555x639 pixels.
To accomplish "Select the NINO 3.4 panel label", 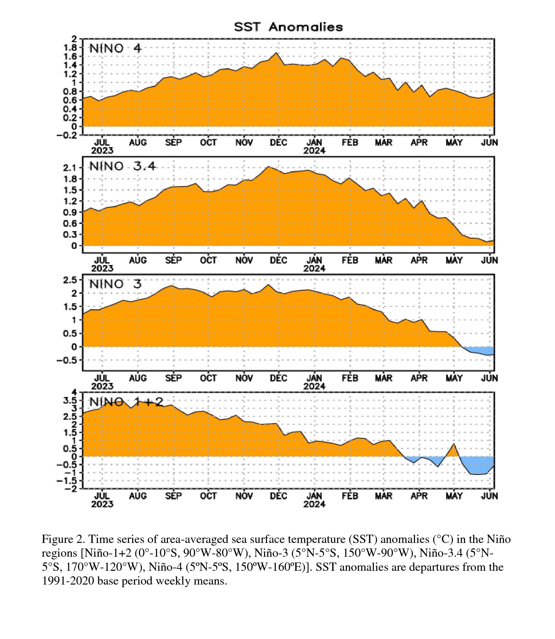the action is pos(123,167).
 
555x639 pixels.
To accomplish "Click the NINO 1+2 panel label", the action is pos(126,402).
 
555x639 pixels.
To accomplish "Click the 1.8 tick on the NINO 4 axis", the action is pos(70,47).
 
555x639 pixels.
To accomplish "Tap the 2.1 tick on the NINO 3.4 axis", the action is pos(70,168).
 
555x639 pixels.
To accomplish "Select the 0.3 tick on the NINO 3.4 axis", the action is pos(70,234).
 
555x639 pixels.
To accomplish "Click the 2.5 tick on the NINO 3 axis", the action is pos(70,280).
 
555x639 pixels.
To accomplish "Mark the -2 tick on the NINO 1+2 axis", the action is pos(69,488).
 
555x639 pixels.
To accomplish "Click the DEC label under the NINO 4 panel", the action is pos(278,143).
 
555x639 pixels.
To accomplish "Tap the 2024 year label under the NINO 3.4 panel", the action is pos(314,268).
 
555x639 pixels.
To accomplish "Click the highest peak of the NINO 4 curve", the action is pos(276,53).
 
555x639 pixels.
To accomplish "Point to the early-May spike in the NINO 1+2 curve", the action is pos(454,444).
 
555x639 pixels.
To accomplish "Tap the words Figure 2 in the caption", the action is pos(63,540).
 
